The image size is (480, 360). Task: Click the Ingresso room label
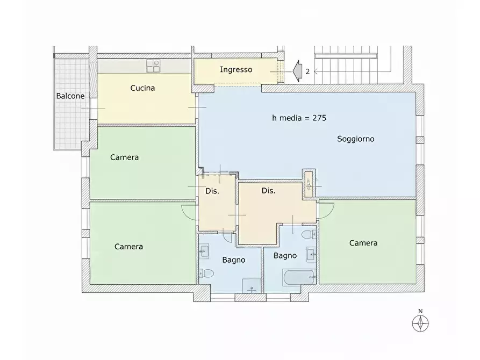click(x=236, y=70)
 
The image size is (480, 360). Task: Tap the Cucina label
click(x=142, y=88)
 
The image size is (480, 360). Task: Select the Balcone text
click(x=70, y=96)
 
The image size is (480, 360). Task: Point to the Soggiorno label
click(x=356, y=139)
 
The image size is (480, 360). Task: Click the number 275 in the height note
click(x=319, y=118)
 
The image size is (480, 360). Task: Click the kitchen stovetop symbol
click(x=153, y=66)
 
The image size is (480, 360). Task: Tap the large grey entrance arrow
click(x=297, y=71)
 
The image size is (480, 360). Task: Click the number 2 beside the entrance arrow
click(x=307, y=71)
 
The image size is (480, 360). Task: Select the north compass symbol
click(x=420, y=323)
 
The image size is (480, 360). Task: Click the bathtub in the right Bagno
click(x=299, y=277)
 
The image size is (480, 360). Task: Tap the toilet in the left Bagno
click(x=206, y=273)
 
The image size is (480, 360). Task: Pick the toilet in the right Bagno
click(x=309, y=235)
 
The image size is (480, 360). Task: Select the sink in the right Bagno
click(x=311, y=254)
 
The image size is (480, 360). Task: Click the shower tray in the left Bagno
click(x=252, y=286)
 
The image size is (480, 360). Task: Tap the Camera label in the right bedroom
click(x=363, y=243)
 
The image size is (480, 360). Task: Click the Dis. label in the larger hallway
click(x=268, y=191)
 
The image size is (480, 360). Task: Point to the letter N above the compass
click(x=420, y=311)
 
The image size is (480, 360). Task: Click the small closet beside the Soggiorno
click(x=309, y=183)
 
